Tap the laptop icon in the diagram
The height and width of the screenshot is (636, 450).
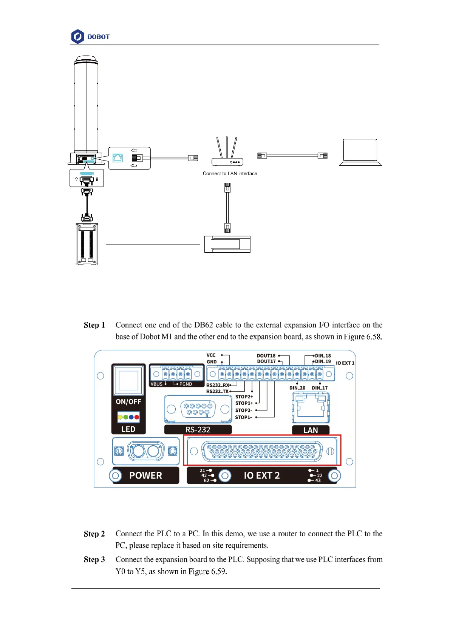(360, 152)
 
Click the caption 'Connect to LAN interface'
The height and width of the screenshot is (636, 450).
(230, 174)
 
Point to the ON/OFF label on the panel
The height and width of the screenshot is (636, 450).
(128, 402)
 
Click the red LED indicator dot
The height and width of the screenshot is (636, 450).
(136, 417)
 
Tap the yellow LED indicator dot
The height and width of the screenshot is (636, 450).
(121, 417)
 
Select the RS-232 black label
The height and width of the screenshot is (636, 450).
(198, 430)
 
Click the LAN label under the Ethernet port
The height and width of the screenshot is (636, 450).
(311, 430)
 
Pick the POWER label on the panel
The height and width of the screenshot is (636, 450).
(145, 475)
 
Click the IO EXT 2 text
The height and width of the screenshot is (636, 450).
(262, 475)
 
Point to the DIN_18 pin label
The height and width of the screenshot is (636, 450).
(323, 356)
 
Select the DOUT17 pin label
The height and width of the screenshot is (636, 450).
(266, 361)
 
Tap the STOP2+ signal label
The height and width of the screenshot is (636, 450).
(244, 397)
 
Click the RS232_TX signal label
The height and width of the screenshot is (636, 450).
(217, 391)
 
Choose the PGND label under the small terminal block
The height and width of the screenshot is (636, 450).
(186, 384)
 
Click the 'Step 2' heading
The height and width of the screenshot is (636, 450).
(94, 534)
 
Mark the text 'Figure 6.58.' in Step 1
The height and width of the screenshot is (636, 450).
(363, 337)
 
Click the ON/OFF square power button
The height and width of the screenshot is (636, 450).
(128, 380)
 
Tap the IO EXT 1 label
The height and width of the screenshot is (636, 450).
(345, 363)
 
